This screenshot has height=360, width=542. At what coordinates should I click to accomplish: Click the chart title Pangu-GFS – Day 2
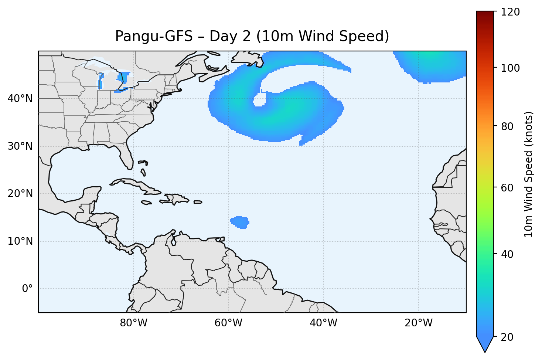coord(252,36)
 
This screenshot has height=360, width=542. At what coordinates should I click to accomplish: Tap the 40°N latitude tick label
coord(20,99)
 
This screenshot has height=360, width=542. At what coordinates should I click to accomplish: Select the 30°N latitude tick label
coord(20,146)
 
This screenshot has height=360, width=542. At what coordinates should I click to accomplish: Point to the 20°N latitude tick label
coord(20,194)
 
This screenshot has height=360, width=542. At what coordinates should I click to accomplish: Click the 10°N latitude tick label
coord(20,241)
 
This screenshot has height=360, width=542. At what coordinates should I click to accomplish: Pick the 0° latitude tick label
coord(27,289)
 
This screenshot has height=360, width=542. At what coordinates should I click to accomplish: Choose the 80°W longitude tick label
coord(133,323)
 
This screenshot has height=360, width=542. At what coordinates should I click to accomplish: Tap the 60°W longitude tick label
coord(228,323)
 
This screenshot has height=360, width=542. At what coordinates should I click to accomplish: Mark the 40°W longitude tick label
coord(323,323)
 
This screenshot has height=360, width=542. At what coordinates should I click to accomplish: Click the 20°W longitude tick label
coord(418,323)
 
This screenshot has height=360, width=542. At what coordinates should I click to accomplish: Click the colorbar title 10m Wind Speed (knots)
coord(529,174)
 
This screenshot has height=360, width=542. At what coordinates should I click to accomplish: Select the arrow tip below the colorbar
coord(485,351)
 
